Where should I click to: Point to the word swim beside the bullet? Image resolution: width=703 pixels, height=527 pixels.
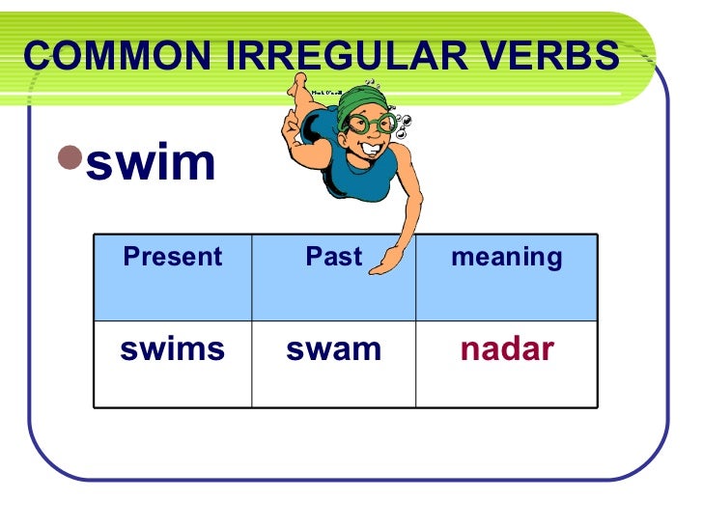pyautogui.click(x=151, y=162)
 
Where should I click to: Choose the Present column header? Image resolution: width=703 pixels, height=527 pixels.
pyautogui.click(x=172, y=257)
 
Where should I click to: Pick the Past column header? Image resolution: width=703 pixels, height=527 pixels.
pyautogui.click(x=333, y=257)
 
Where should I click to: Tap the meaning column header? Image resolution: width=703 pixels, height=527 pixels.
pyautogui.click(x=506, y=257)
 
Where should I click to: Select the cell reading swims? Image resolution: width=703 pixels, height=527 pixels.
pyautogui.click(x=172, y=349)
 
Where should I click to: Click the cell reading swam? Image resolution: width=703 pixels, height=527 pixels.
pyautogui.click(x=333, y=349)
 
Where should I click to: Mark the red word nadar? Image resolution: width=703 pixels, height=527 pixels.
pyautogui.click(x=506, y=349)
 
